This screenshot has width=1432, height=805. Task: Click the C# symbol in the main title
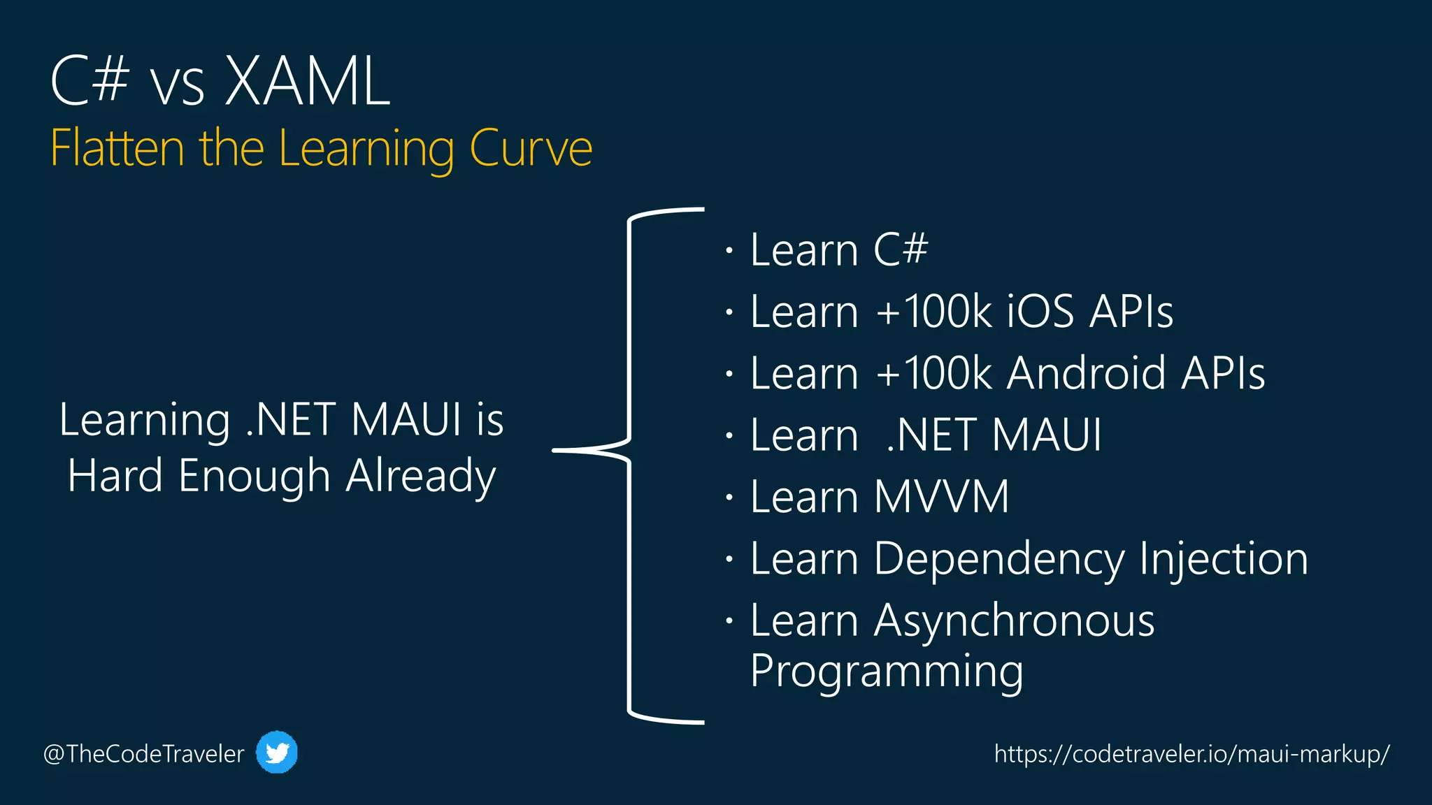[89, 82]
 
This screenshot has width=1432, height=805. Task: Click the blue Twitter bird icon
[277, 753]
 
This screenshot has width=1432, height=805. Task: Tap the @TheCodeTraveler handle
[144, 754]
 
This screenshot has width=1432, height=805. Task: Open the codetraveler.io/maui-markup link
[1191, 754]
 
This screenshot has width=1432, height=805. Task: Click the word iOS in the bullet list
[1040, 312]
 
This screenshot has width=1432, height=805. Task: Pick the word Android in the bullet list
[1087, 373]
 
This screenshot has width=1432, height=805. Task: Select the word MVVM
[941, 497]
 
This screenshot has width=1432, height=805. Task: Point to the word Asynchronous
[1014, 621]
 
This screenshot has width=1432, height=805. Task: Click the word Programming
[887, 671]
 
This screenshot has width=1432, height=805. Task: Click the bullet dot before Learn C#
[729, 250]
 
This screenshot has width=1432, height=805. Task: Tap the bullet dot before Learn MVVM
[729, 498]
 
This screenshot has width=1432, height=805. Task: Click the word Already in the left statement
[421, 477]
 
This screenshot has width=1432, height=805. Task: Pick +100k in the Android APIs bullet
[933, 373]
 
